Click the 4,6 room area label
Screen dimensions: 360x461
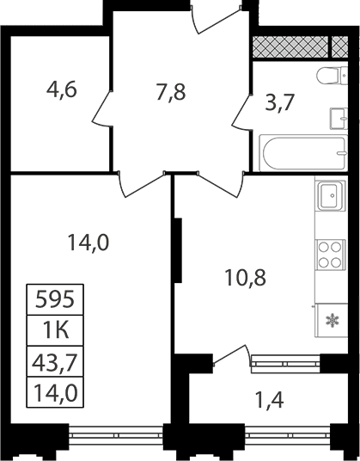click(x=62, y=89)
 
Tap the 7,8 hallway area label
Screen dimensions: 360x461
click(x=171, y=92)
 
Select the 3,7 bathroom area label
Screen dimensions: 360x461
click(x=279, y=102)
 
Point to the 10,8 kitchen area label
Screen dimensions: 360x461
click(x=245, y=278)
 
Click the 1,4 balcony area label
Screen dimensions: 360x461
click(x=270, y=400)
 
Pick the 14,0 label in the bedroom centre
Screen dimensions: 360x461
click(x=88, y=243)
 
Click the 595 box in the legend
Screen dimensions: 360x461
click(x=55, y=300)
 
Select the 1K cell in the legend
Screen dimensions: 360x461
click(x=55, y=331)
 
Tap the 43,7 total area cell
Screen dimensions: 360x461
click(x=55, y=361)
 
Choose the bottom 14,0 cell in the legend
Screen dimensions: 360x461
click(x=55, y=392)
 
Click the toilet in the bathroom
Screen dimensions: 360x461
click(x=333, y=76)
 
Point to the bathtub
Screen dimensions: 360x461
click(x=303, y=152)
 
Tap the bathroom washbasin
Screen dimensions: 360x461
click(x=339, y=119)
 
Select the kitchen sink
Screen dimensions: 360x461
click(x=330, y=195)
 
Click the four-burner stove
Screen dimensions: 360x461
click(x=330, y=255)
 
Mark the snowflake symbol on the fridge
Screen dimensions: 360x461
click(x=333, y=321)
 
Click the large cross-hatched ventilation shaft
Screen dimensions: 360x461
click(x=290, y=46)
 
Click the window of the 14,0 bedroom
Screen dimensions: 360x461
click(x=116, y=435)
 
